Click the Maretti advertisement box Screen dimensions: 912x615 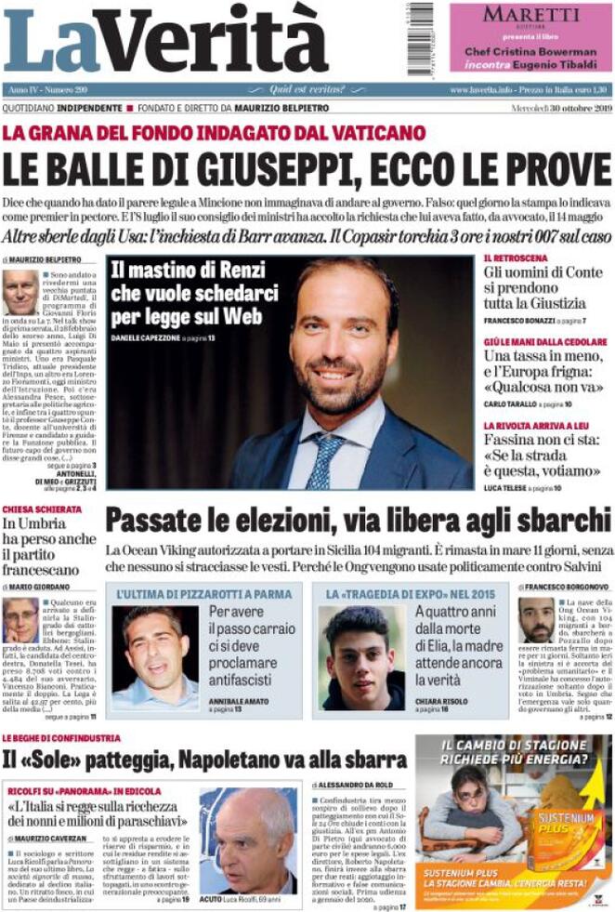530,37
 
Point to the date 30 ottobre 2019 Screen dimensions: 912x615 569,110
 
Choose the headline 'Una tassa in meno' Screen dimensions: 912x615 544,357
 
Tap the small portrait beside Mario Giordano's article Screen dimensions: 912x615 20,620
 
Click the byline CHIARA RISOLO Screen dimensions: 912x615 440,699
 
